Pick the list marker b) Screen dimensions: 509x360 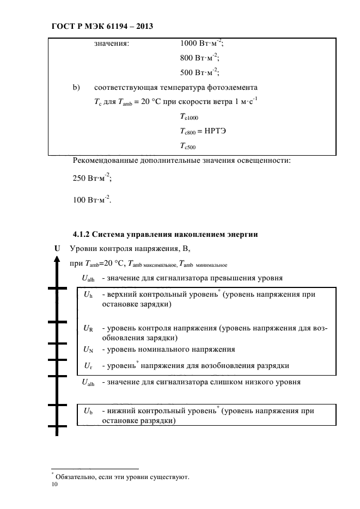pyautogui.click(x=76, y=87)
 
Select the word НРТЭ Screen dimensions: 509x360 pyautogui.click(x=216, y=131)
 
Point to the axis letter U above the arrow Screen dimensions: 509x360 pyautogui.click(x=57, y=249)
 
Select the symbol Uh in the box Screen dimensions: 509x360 pyautogui.click(x=88, y=295)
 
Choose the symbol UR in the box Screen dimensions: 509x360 pyautogui.click(x=88, y=329)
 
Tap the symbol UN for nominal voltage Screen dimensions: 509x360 pyautogui.click(x=88, y=349)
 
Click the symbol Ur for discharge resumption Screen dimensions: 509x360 pyautogui.click(x=88, y=365)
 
